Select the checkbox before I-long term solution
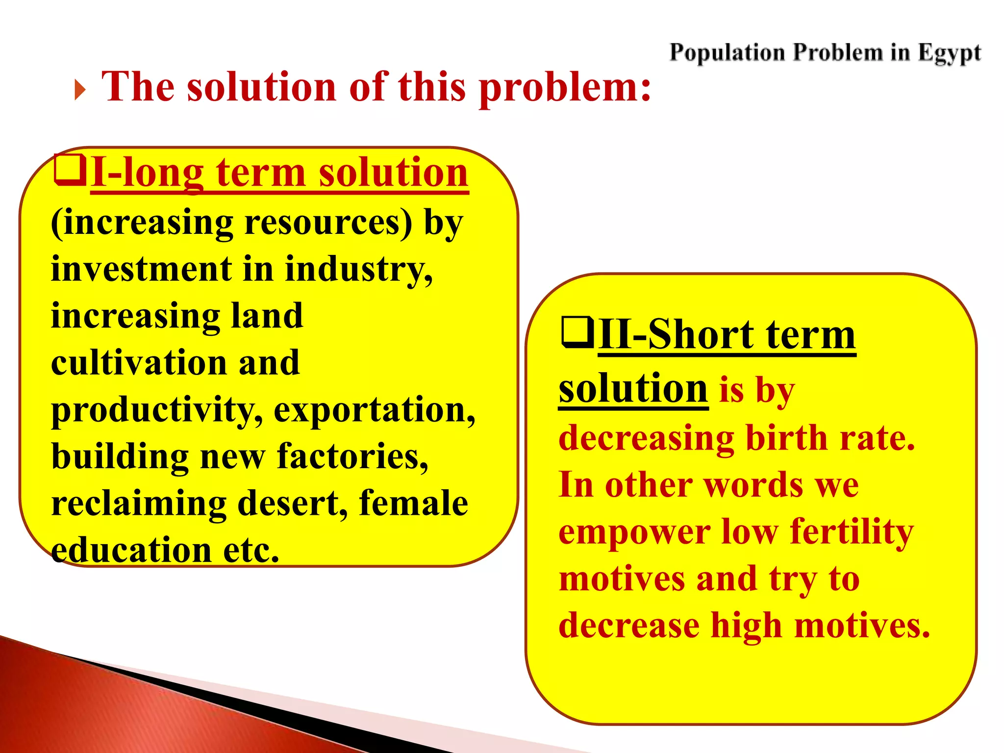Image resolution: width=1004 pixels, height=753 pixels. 70,170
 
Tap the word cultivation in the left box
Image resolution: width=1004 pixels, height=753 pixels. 139,363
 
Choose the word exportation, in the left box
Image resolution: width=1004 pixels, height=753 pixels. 375,410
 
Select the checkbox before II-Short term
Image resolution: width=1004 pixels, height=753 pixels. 577,332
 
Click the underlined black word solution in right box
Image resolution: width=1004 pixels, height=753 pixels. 633,389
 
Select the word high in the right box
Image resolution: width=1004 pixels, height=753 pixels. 746,626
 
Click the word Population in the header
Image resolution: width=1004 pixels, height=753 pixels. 727,52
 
